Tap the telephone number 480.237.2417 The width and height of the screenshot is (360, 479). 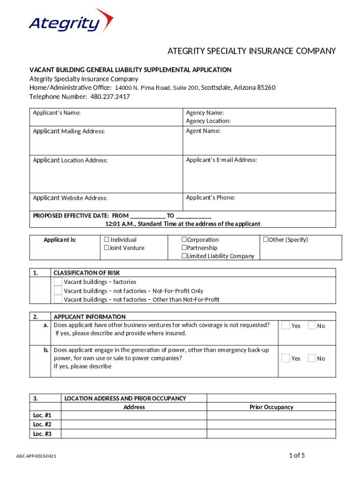tap(110, 97)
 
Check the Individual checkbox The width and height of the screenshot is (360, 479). tap(107, 240)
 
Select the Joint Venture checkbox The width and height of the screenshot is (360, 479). tap(107, 248)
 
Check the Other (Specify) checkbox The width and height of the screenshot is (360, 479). tap(266, 240)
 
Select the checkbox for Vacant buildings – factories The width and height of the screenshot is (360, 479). tap(58, 282)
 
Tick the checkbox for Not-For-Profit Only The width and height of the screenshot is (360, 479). tap(58, 291)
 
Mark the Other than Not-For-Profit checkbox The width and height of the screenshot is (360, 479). tap(58, 299)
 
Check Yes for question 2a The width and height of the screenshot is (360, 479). tap(285, 326)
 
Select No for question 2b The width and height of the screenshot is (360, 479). tap(311, 358)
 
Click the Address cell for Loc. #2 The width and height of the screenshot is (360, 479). tap(134, 425)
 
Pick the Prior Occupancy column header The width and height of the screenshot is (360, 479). tap(271, 407)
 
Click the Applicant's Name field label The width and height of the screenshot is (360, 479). tap(57, 113)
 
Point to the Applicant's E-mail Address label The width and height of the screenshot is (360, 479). tap(221, 160)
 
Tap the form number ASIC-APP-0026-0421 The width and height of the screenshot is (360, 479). tap(36, 456)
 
